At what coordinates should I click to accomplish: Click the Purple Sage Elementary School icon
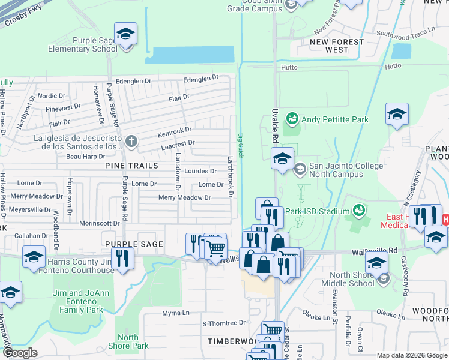tap(126, 34)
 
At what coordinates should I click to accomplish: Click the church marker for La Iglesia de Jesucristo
tap(131, 142)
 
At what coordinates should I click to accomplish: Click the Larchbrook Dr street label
tap(230, 177)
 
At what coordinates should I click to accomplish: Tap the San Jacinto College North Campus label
tap(336, 170)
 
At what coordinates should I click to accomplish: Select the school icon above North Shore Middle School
tap(377, 263)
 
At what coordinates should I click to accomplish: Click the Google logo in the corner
tap(19, 353)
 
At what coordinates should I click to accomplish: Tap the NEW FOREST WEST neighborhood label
tap(337, 46)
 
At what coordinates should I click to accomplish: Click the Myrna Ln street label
tap(175, 313)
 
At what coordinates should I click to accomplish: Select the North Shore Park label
tap(127, 341)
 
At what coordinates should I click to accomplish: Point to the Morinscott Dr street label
tap(99, 223)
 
